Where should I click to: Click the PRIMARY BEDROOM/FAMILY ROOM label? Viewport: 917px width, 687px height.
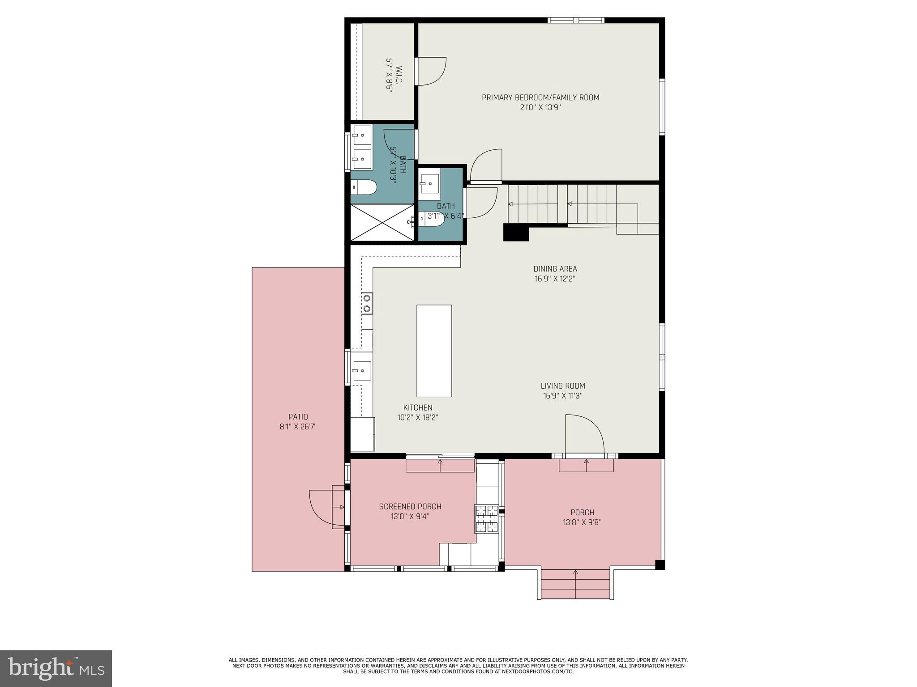coord(540,98)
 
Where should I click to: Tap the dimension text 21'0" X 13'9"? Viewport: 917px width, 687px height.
coord(540,108)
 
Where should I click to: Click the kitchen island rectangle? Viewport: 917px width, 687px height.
coord(434,351)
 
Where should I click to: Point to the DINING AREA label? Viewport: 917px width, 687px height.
coord(555,269)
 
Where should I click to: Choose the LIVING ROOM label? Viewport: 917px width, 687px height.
coord(562,386)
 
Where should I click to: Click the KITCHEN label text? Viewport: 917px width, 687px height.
coord(417,407)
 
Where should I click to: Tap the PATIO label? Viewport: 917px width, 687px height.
coord(298,417)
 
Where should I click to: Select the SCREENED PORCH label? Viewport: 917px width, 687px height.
coord(410,507)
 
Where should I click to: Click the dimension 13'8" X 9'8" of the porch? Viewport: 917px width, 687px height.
coord(582,522)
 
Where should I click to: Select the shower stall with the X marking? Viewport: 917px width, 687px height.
coord(381,222)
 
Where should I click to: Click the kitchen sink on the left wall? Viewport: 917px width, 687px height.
coord(362,370)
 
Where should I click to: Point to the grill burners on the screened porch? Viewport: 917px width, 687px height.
coord(486,519)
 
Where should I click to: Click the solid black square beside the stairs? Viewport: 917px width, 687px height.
coord(516,233)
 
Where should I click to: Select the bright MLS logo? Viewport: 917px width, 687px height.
coord(56,668)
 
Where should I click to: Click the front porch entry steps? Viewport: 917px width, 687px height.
coord(575,584)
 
